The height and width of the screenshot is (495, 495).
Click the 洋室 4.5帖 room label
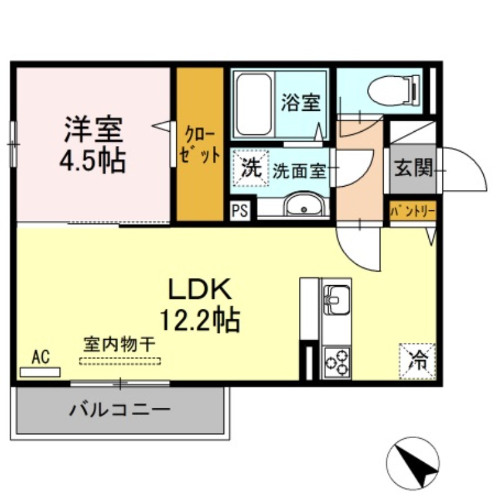(x=92, y=144)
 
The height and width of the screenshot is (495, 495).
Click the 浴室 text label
(x=301, y=103)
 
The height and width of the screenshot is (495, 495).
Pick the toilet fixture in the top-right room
(x=392, y=92)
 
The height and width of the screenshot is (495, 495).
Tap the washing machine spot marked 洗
(x=251, y=168)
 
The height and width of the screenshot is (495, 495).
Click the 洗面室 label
(x=299, y=171)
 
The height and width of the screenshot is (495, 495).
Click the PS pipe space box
(x=240, y=211)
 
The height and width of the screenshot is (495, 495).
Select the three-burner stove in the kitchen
(x=336, y=361)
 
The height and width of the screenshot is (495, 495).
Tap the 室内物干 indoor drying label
(x=120, y=343)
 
